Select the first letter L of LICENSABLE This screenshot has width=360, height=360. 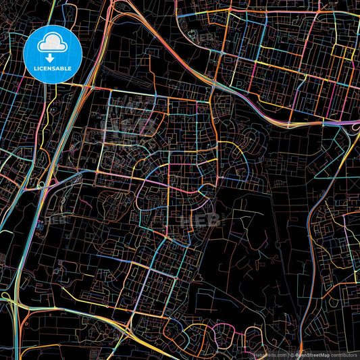click(33, 68)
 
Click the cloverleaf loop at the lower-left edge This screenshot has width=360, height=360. click(8, 297)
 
